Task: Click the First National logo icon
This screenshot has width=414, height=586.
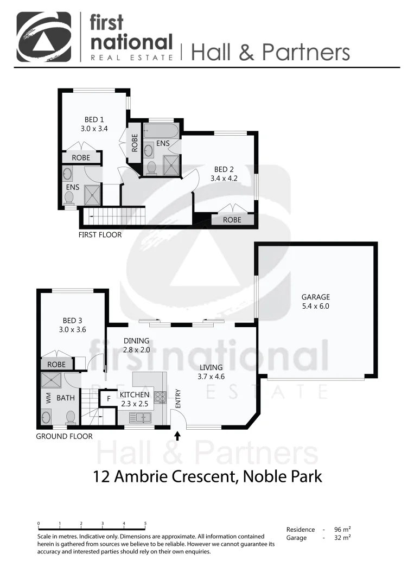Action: [44, 36]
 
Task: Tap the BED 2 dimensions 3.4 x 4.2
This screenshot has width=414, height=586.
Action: [226, 178]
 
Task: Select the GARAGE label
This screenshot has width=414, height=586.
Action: [316, 297]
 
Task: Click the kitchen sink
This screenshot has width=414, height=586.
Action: [141, 417]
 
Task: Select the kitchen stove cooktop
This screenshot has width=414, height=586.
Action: [160, 397]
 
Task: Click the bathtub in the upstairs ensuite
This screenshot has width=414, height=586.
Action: [161, 131]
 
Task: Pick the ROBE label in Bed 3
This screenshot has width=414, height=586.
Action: [57, 365]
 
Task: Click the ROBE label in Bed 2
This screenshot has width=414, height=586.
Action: [232, 220]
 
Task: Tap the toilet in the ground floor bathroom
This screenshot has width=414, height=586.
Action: [70, 416]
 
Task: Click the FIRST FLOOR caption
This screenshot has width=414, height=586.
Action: [100, 235]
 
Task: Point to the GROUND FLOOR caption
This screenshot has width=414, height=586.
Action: [64, 436]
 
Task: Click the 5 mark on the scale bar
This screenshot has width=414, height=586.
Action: [145, 524]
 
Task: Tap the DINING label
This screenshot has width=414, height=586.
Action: [136, 341]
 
